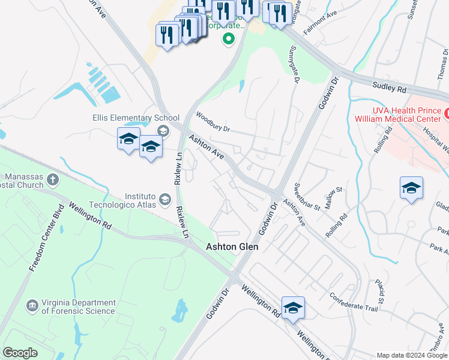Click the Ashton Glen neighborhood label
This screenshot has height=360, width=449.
coord(232,247)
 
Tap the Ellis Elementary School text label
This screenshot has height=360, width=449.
coord(136,118)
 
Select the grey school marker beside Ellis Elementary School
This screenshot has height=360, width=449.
coord(162,131)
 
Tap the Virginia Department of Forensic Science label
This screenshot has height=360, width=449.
coord(78,307)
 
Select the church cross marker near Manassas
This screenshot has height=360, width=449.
coord(53,178)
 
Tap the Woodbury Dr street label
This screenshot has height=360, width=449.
coord(212,122)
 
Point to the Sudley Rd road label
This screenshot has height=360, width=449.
coord(389,88)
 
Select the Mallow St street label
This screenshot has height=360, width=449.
coord(333,198)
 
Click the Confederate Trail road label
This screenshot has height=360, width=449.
coord(354,303)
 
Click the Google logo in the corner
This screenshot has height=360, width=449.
coord(20,353)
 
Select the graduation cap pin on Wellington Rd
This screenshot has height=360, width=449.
coord(293,309)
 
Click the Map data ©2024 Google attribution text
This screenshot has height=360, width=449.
coord(412,355)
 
